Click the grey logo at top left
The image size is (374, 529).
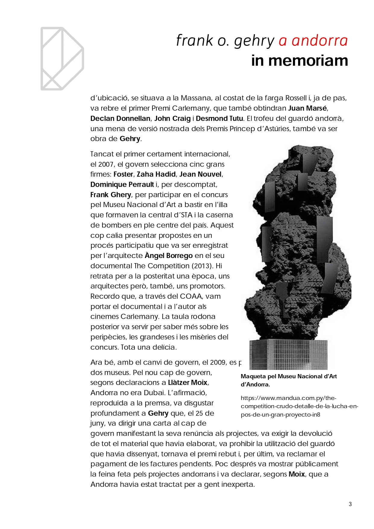click(x=62, y=58)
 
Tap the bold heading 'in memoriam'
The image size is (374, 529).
click(x=299, y=61)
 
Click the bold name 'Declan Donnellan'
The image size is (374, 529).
click(x=120, y=118)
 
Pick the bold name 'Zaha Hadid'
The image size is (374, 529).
click(x=156, y=174)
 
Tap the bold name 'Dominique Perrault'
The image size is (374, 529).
click(x=122, y=184)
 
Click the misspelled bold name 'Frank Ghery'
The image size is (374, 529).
click(x=111, y=195)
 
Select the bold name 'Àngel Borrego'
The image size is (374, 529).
click(x=168, y=256)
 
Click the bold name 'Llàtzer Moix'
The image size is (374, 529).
click(x=187, y=383)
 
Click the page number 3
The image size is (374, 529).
click(x=350, y=504)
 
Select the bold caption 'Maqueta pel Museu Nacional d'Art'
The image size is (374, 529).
click(x=288, y=376)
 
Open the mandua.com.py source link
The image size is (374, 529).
click(x=299, y=406)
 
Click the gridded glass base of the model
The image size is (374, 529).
click(x=288, y=354)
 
